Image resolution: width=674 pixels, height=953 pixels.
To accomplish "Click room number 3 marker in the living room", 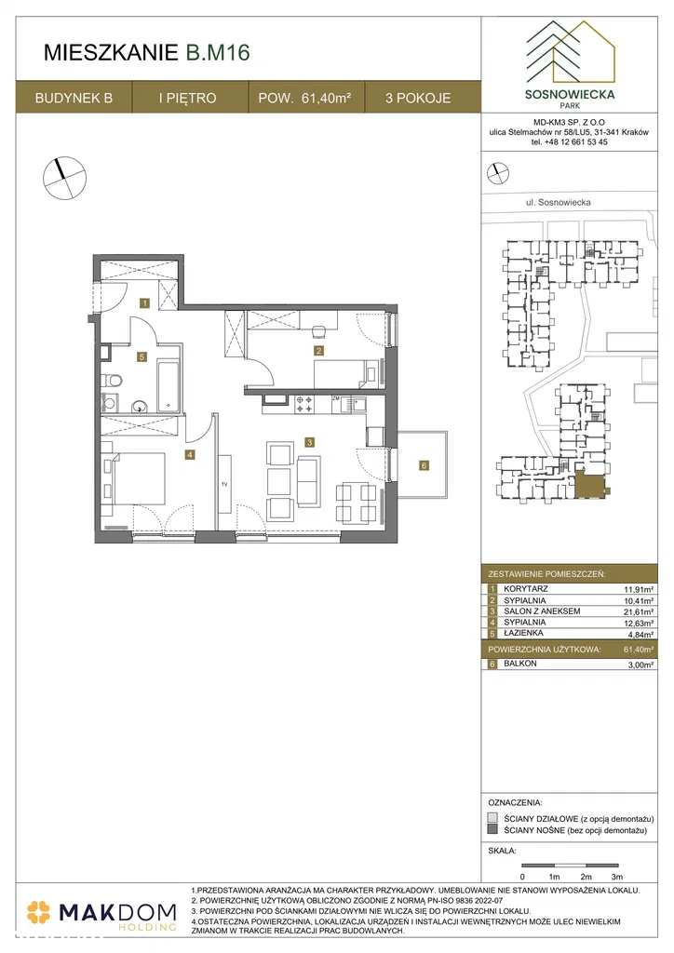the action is point(309,442).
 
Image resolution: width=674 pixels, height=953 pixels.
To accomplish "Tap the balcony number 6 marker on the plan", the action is point(424,465).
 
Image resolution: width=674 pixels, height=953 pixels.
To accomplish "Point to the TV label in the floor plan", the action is point(224,484).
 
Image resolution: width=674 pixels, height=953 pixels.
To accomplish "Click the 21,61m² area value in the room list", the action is point(639,612).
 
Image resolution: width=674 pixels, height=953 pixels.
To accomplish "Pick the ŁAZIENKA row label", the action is point(523,633).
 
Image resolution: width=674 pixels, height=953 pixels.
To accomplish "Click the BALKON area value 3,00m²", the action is point(640,664).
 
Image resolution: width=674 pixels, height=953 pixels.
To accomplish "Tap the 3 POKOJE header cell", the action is point(418,98).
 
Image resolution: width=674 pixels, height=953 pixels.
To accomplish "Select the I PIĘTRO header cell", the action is point(188,98).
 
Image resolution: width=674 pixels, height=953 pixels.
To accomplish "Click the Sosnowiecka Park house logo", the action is point(570,53).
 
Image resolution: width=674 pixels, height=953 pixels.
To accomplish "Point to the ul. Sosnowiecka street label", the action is point(558,202).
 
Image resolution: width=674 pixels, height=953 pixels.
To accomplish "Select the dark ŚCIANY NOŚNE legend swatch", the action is point(492,829).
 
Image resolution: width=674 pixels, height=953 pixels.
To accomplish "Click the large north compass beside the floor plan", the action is point(64,177).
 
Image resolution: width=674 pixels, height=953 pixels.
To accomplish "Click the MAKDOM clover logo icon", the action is point(38,912).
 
